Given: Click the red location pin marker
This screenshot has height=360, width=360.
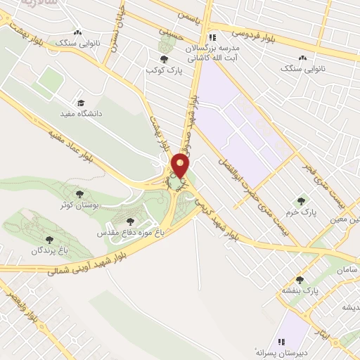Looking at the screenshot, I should pos(181,167).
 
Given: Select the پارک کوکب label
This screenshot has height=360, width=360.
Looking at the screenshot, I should pos(159,70).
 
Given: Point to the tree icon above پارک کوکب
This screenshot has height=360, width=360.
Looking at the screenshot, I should pos(164,60).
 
